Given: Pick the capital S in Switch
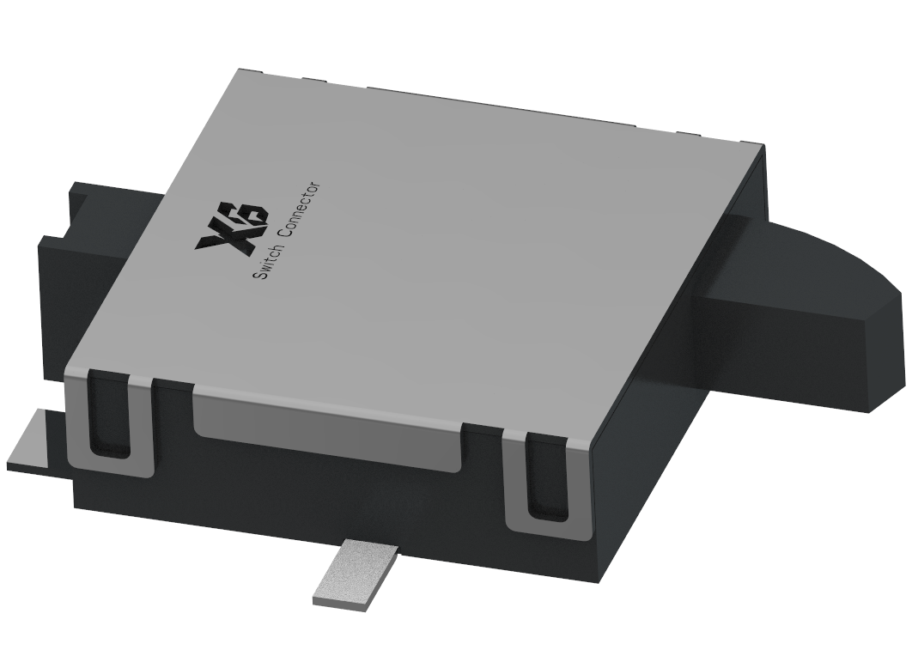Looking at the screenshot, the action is tap(258, 274).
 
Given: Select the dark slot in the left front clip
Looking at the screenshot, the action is tap(109, 413).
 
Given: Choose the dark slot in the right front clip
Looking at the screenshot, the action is tap(545, 476).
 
